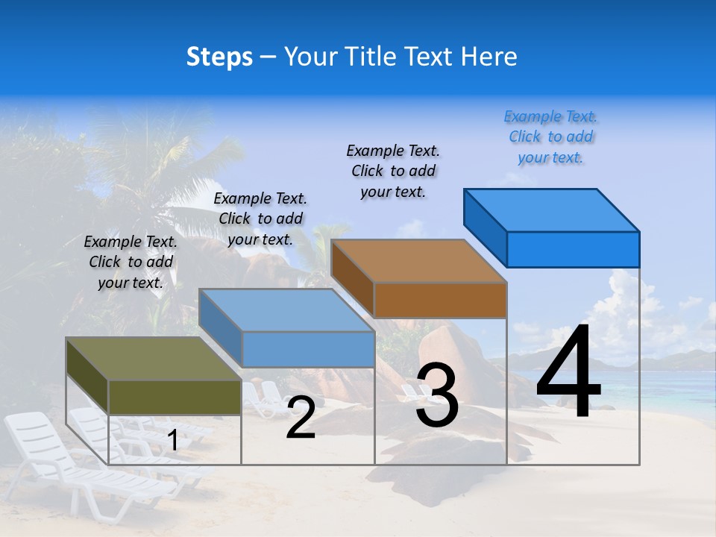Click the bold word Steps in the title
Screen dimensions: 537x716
[x=219, y=57]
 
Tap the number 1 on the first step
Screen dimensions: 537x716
[x=172, y=441]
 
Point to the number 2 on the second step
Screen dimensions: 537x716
[x=301, y=418]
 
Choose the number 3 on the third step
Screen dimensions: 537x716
[x=437, y=395]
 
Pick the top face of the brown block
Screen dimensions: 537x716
[x=418, y=261]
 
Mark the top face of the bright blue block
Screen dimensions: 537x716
[x=551, y=210]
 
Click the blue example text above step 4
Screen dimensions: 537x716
[x=551, y=137]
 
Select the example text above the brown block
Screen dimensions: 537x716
[x=393, y=171]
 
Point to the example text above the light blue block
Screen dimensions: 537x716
[x=260, y=219]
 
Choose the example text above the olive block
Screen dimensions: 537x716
[x=131, y=262]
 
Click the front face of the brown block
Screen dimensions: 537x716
[x=440, y=301]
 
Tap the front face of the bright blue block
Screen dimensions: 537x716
[x=573, y=249]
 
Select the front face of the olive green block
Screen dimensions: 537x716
[x=175, y=397]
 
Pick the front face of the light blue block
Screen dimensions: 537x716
[x=308, y=349]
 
